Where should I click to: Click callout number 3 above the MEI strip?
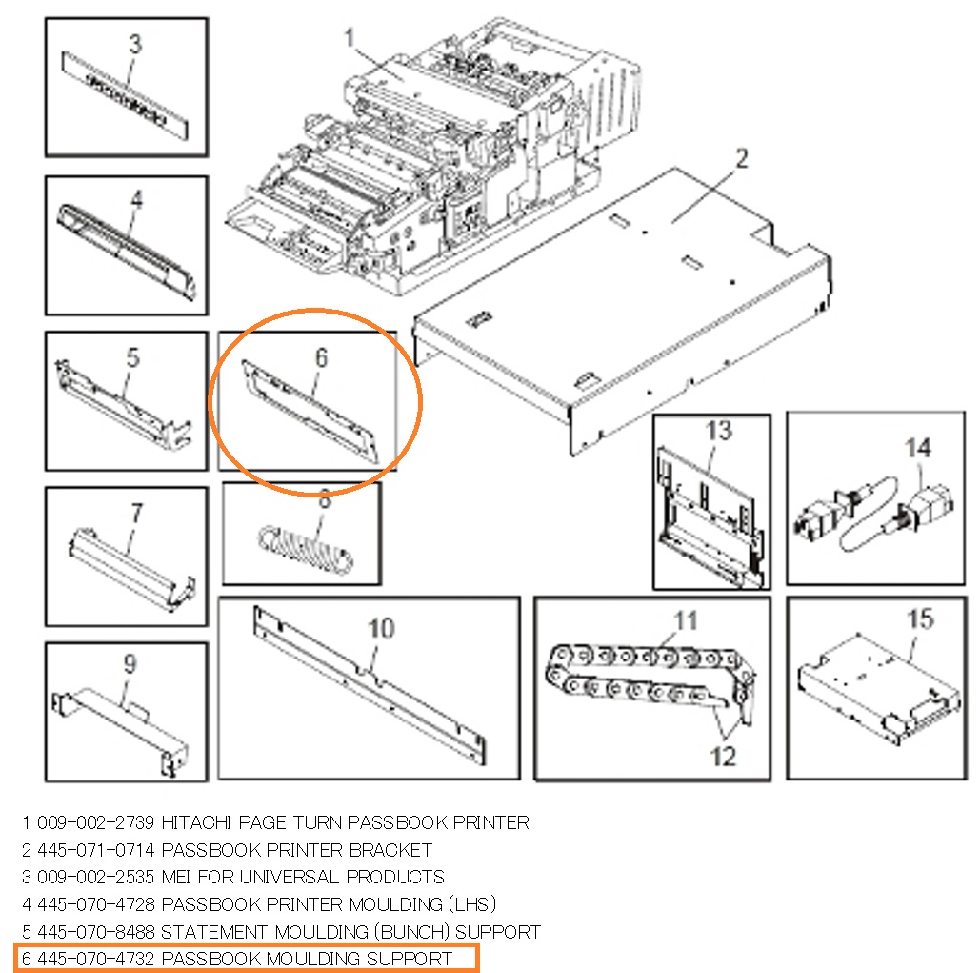pyautogui.click(x=135, y=44)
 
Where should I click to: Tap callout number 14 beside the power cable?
pyautogui.click(x=918, y=448)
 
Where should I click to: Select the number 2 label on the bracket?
pyautogui.click(x=742, y=159)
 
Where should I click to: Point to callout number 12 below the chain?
pyautogui.click(x=723, y=757)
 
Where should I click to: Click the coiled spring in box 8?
pyautogui.click(x=307, y=550)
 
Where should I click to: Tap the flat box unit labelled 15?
pyautogui.click(x=878, y=688)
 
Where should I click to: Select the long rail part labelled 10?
pyautogui.click(x=370, y=685)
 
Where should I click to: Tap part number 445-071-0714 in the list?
pyautogui.click(x=95, y=850)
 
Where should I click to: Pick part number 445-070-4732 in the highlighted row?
pyautogui.click(x=95, y=959)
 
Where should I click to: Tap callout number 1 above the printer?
pyautogui.click(x=350, y=37)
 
